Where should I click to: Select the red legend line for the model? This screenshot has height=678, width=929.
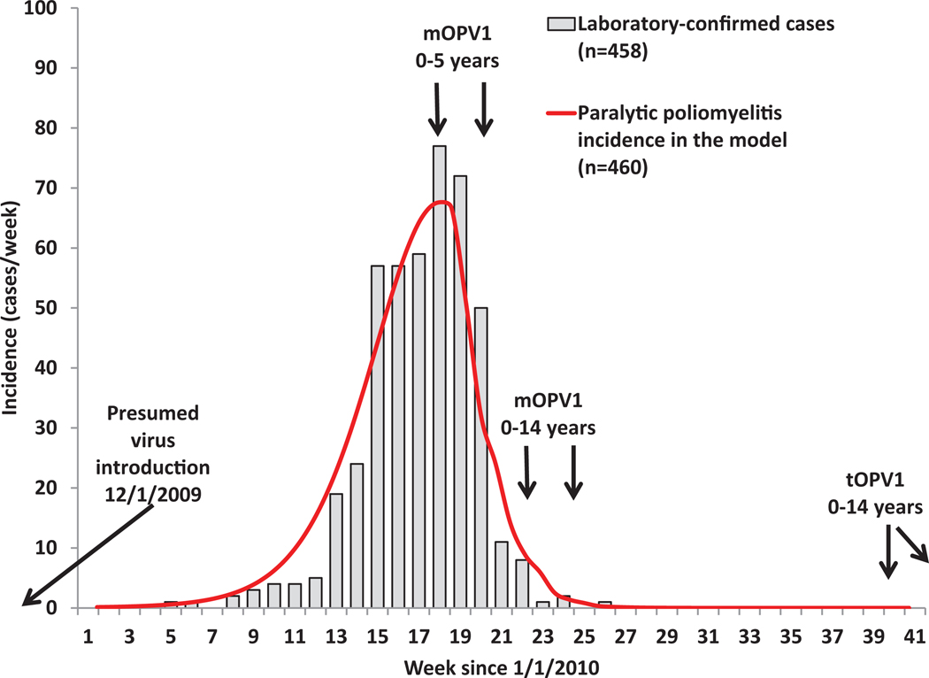click(x=560, y=113)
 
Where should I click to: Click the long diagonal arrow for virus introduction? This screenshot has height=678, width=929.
click(x=88, y=555)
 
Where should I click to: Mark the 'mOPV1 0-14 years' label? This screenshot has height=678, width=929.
click(x=549, y=413)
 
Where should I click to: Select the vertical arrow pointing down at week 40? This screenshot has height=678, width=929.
click(x=888, y=556)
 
